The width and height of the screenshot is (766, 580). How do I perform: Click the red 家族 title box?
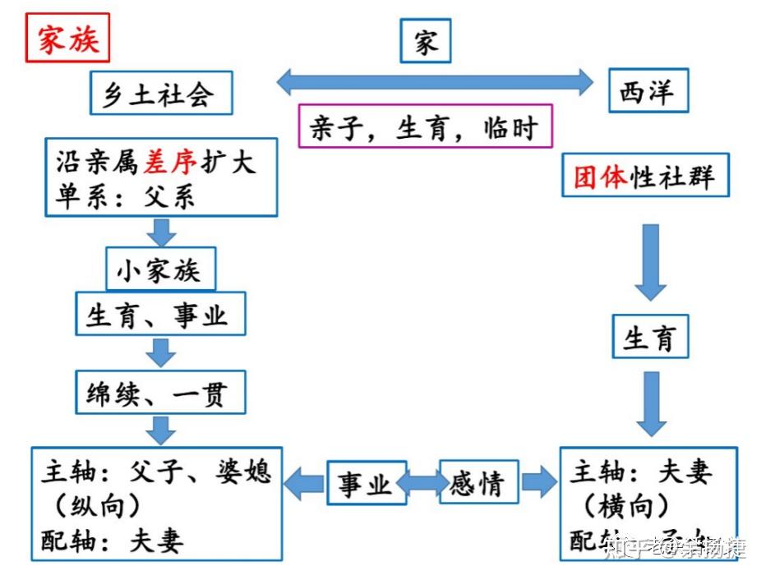click(67, 39)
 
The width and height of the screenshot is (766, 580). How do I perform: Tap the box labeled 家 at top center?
click(426, 41)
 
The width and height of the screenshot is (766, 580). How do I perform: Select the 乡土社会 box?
click(161, 93)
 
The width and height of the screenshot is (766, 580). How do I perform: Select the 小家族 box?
click(160, 269)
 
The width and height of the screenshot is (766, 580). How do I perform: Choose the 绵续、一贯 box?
click(160, 394)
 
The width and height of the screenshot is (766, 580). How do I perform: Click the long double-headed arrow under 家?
click(434, 81)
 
